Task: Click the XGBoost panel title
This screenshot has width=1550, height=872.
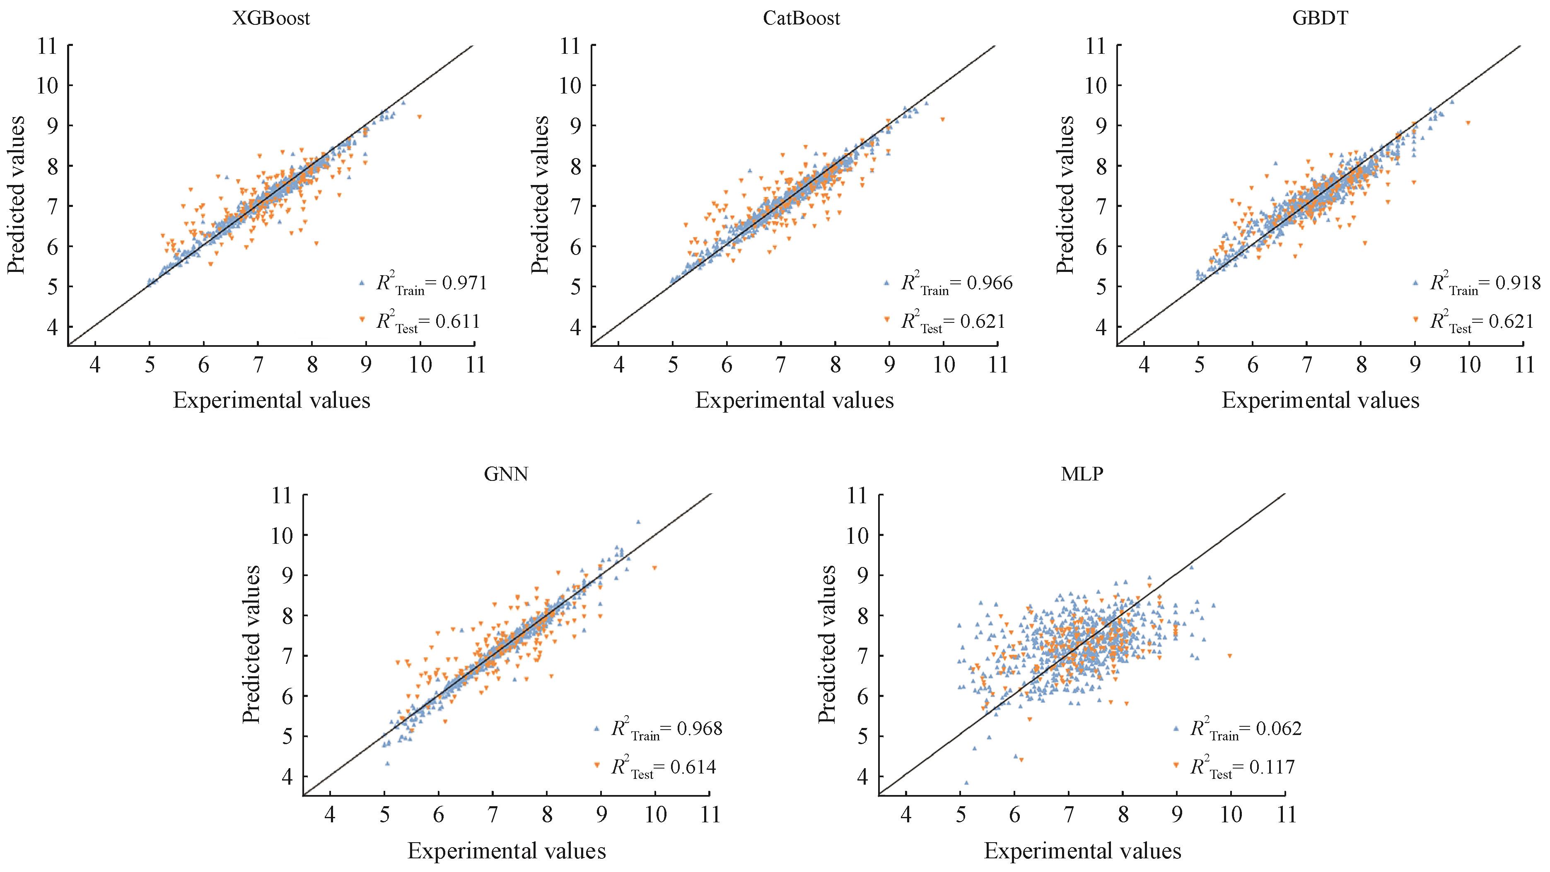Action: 271,18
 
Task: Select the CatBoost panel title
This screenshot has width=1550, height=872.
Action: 801,18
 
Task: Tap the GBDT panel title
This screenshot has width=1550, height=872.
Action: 1320,18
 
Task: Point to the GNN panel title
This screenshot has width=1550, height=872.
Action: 506,474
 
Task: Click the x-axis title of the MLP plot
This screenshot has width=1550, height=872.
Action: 1082,851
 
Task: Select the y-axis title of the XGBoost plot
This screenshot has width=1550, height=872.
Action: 17,195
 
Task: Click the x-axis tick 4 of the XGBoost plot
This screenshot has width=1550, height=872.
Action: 95,365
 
